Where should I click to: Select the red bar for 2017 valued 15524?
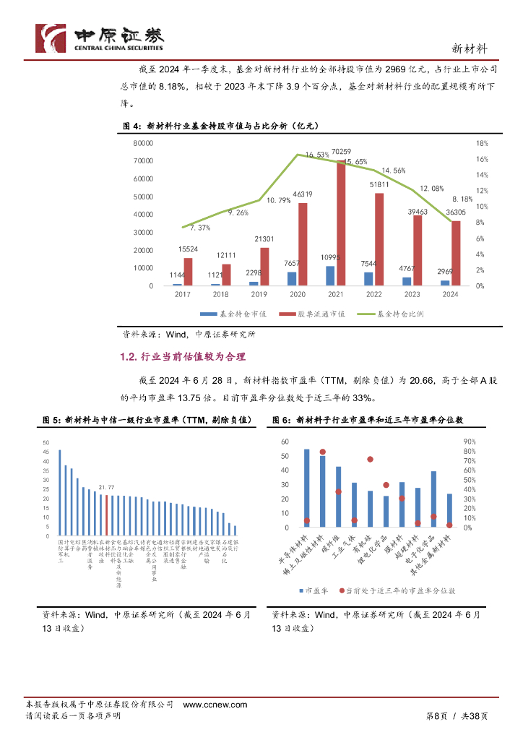[188, 272]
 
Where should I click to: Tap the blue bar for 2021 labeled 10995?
[329, 276]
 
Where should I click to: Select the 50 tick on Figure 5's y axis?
[47, 442]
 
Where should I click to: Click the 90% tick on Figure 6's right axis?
[468, 442]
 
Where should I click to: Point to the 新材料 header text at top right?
[468, 48]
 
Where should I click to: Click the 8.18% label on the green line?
[462, 199]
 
